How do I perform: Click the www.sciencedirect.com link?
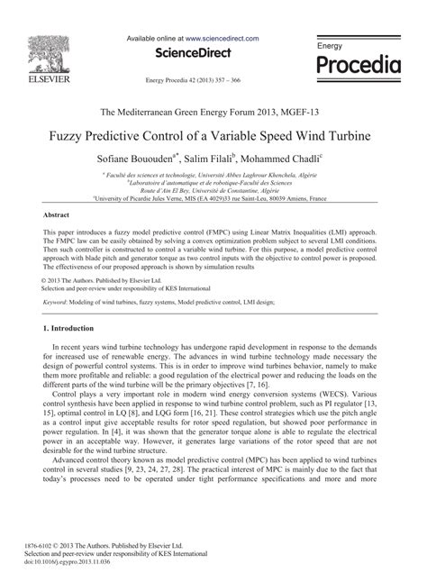[x=222, y=39]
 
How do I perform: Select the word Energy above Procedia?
[x=332, y=45]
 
